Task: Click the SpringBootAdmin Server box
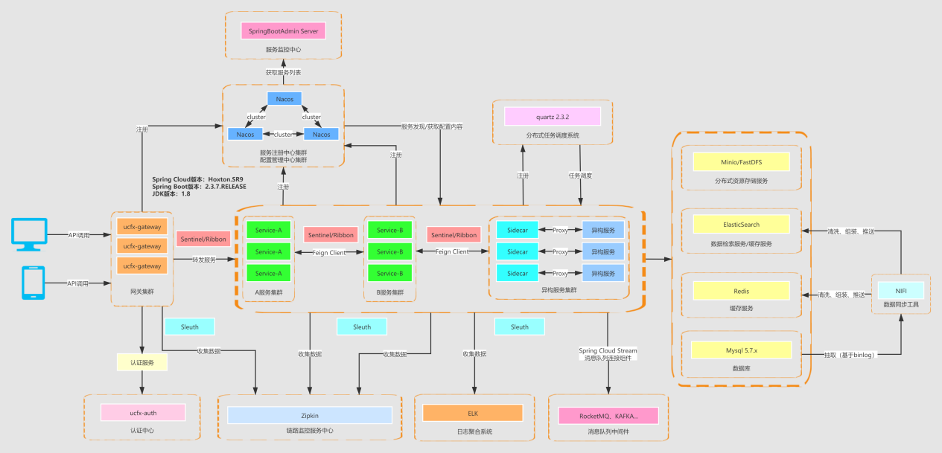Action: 283,31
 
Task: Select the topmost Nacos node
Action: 284,99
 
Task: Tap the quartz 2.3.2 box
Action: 552,116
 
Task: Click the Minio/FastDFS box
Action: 739,161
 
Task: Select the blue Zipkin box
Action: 310,415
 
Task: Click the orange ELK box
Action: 473,413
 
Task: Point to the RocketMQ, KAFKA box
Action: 608,415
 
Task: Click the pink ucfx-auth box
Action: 141,411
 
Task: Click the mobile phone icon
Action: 32,283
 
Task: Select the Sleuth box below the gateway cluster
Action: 189,327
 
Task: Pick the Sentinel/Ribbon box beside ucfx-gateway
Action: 203,239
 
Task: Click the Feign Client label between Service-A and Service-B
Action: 328,252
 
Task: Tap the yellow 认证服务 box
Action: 141,362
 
